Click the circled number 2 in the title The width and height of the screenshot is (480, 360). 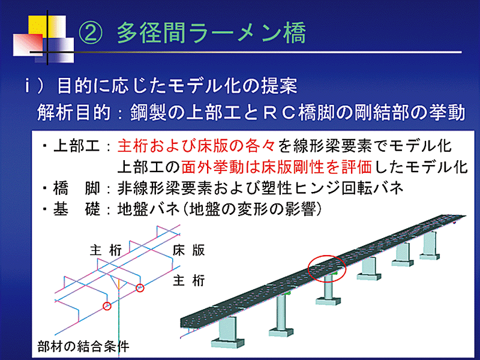90,32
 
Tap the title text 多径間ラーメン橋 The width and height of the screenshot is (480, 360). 211,32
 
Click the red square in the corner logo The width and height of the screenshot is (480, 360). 28,44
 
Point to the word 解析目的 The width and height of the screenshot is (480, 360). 74,113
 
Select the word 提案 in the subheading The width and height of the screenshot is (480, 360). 278,86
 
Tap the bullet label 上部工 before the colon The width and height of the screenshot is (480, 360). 76,146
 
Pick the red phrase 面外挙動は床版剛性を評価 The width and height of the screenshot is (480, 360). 277,167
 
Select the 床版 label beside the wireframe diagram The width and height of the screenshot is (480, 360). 188,250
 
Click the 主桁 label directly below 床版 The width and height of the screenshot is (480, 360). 188,280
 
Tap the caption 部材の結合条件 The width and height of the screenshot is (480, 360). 83,347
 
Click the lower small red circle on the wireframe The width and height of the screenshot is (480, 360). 107,306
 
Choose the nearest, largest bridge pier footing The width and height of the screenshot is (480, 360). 227,342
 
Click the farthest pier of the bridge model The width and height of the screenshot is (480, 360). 430,245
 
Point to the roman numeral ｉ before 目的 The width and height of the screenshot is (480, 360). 28,86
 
